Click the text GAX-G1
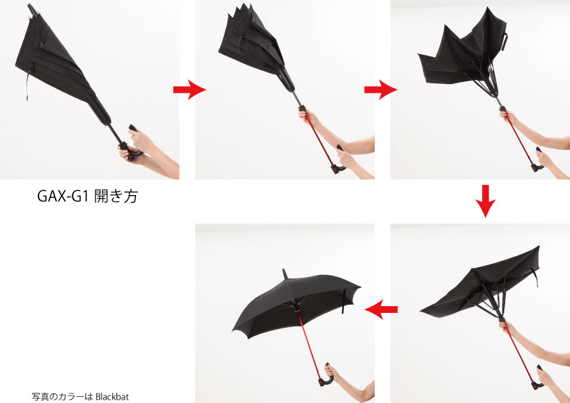pos(63,196)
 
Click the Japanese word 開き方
pos(116,196)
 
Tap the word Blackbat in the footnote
pos(112,396)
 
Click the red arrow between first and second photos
pos(190,89)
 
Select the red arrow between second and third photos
pos(380,89)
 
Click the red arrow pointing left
pos(381,310)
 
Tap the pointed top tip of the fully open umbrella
pos(284,270)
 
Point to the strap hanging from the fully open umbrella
pos(343,301)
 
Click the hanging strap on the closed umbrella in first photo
pos(28,86)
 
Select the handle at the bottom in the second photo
pos(337,164)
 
